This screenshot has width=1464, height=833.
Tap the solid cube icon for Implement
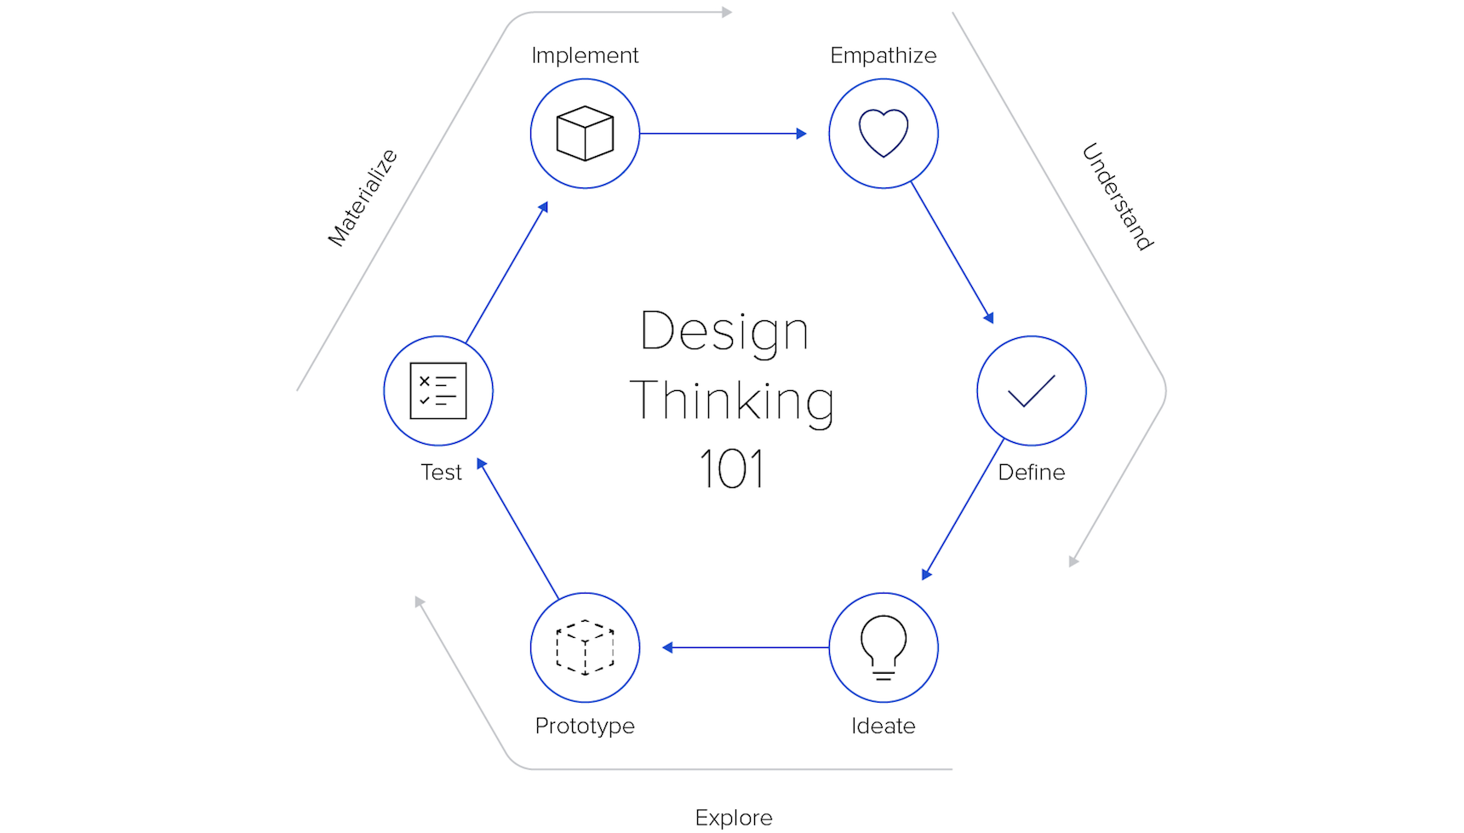[x=585, y=134]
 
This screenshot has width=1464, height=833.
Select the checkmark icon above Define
[x=1032, y=391]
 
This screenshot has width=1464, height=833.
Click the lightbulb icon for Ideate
[x=884, y=647]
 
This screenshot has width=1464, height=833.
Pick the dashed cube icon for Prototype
[x=585, y=648]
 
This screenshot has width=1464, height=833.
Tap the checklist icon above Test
[x=438, y=391]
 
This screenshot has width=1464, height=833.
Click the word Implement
[x=585, y=55]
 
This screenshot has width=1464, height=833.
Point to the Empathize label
[x=884, y=56]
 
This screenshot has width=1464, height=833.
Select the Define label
[x=1032, y=473]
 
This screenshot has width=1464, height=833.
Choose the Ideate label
[x=884, y=727]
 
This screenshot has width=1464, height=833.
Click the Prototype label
[x=585, y=727]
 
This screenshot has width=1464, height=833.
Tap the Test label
[x=441, y=473]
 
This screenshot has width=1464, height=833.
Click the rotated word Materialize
[x=363, y=198]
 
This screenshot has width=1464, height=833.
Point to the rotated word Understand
[x=1118, y=197]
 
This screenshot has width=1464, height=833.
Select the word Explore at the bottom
[x=734, y=819]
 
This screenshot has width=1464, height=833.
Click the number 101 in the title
[x=732, y=468]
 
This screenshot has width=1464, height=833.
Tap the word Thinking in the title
[x=732, y=401]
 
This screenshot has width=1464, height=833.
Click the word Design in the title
[x=724, y=331]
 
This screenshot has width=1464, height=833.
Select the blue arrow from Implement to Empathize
[x=723, y=134]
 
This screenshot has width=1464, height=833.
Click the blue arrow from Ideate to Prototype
[x=746, y=647]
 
